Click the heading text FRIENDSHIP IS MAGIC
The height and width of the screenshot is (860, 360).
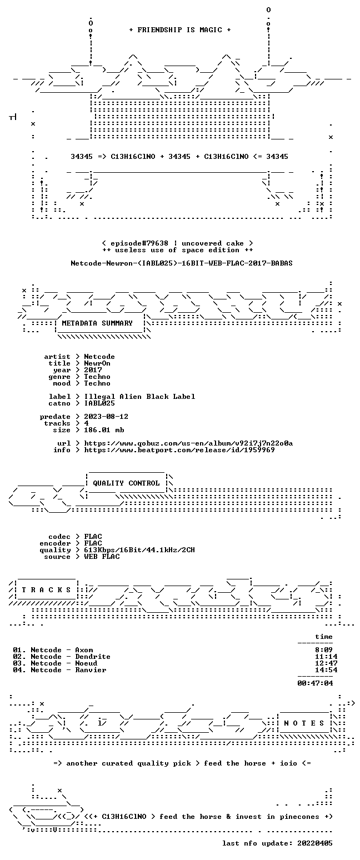click(x=179, y=30)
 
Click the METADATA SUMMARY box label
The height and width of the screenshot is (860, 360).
click(x=97, y=323)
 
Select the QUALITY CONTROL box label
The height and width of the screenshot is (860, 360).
click(x=126, y=483)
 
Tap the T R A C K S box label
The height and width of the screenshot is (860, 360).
click(x=46, y=590)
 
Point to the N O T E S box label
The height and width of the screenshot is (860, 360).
click(x=304, y=723)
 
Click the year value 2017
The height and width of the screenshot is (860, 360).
click(x=93, y=370)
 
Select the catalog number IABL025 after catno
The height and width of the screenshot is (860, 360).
click(x=99, y=403)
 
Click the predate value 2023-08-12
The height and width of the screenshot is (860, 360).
click(x=106, y=417)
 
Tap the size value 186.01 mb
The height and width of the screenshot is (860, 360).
click(x=104, y=430)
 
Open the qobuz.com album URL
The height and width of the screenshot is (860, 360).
click(x=188, y=443)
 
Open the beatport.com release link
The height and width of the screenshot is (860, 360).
click(x=179, y=450)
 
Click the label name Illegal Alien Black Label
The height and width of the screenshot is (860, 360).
click(x=139, y=397)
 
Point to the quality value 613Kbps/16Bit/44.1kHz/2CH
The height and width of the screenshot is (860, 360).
click(x=139, y=550)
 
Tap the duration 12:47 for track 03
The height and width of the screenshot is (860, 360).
click(x=326, y=663)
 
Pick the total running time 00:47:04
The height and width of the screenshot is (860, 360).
click(x=315, y=683)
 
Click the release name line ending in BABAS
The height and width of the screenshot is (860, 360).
click(x=182, y=263)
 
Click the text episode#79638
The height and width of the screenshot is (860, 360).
click(x=139, y=243)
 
